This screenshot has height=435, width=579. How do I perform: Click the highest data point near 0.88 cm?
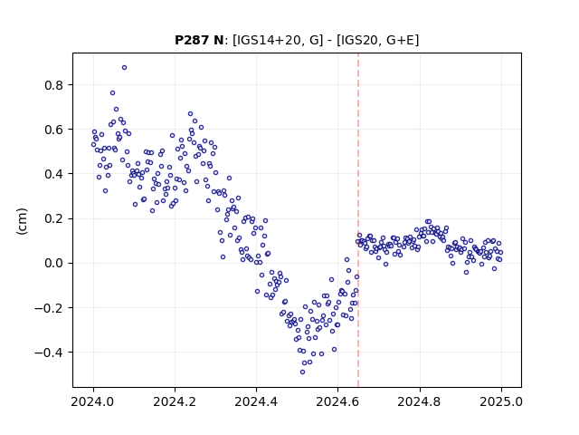click(x=125, y=67)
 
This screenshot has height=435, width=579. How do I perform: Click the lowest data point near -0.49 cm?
click(x=302, y=372)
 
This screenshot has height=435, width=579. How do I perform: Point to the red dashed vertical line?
click(x=358, y=220)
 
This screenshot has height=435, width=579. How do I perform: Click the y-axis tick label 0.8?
click(x=54, y=85)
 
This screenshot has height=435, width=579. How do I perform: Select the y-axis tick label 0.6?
click(x=54, y=130)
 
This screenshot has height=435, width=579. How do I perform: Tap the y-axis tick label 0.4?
click(x=54, y=174)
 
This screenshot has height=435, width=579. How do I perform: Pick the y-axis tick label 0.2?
click(x=54, y=218)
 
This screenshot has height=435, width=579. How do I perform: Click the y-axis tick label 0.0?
click(x=54, y=263)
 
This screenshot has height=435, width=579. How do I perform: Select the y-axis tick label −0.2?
click(x=50, y=308)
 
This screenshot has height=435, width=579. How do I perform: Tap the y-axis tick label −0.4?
click(x=50, y=353)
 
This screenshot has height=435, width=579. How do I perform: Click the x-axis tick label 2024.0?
click(x=93, y=401)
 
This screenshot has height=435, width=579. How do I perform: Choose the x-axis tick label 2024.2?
click(x=175, y=401)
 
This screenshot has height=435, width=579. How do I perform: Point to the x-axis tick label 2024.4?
click(x=256, y=401)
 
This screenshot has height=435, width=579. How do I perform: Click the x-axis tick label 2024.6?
click(x=337, y=401)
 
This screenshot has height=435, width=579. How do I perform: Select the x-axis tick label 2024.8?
click(x=420, y=401)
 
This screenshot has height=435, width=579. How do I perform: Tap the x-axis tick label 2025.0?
click(x=501, y=401)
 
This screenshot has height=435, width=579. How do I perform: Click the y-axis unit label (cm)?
click(x=22, y=221)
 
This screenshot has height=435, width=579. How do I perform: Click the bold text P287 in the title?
click(x=191, y=40)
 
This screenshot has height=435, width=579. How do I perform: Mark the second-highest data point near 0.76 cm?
click(x=112, y=92)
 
